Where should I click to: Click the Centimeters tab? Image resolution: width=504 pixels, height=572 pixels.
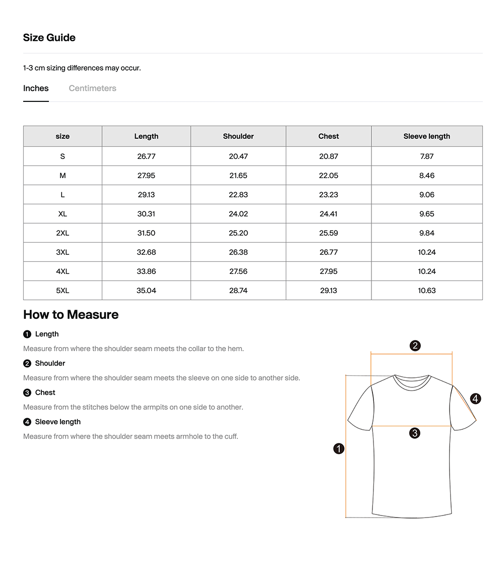pyautogui.click(x=92, y=88)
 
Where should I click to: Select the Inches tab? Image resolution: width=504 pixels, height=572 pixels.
pyautogui.click(x=36, y=88)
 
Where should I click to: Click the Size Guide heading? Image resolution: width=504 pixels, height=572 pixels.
pyautogui.click(x=49, y=38)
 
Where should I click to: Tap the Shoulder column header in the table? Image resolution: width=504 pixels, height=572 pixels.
pyautogui.click(x=238, y=136)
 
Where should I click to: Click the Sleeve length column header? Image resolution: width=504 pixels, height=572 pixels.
pyautogui.click(x=426, y=136)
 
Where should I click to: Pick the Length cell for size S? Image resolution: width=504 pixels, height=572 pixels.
pyautogui.click(x=146, y=156)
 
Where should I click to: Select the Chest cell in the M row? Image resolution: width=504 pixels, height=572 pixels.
pyautogui.click(x=329, y=176)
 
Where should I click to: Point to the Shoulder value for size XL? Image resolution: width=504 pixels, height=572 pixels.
pyautogui.click(x=238, y=214)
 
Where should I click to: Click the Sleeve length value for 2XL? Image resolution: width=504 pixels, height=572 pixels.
pyautogui.click(x=426, y=233)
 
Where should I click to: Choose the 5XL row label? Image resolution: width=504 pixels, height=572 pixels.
pyautogui.click(x=62, y=291)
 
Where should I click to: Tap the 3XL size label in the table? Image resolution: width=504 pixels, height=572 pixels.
pyautogui.click(x=62, y=252)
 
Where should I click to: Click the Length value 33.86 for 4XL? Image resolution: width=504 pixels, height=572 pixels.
pyautogui.click(x=146, y=271)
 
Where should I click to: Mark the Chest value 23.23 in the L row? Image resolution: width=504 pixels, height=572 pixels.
pyautogui.click(x=329, y=195)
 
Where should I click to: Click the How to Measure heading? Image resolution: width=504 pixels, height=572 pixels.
pyautogui.click(x=71, y=315)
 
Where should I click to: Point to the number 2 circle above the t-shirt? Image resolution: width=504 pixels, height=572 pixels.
pyautogui.click(x=415, y=346)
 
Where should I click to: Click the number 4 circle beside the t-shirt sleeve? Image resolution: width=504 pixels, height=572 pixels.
pyautogui.click(x=475, y=399)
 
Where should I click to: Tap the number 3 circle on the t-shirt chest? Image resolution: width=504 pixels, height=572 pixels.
pyautogui.click(x=415, y=433)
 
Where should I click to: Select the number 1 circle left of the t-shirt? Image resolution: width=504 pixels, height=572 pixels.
pyautogui.click(x=339, y=448)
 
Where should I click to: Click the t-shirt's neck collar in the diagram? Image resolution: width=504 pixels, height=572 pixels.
pyautogui.click(x=412, y=381)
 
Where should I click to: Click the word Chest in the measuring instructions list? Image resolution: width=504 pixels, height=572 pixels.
pyautogui.click(x=45, y=392)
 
